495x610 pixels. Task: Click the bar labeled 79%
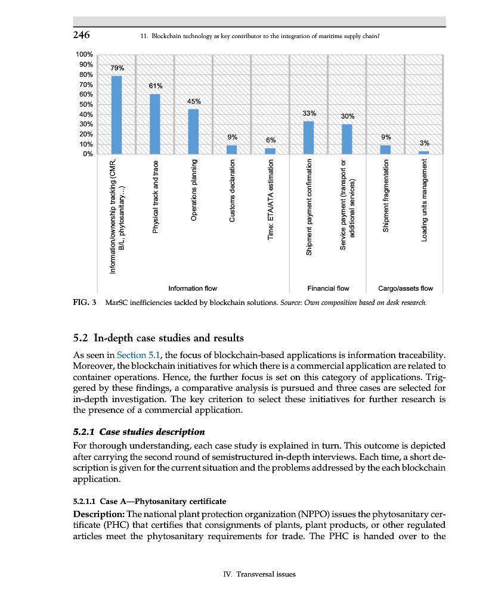pyautogui.click(x=117, y=114)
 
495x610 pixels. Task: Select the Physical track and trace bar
pyautogui.click(x=155, y=123)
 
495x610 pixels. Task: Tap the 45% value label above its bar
pyautogui.click(x=194, y=101)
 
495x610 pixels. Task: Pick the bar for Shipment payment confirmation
pyautogui.click(x=308, y=137)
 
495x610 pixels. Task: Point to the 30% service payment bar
pyautogui.click(x=346, y=139)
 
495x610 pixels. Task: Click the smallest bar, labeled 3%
pyautogui.click(x=423, y=152)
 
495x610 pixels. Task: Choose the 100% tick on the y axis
pyautogui.click(x=84, y=55)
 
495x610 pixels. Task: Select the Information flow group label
pyautogui.click(x=193, y=288)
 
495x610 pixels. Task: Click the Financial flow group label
pyautogui.click(x=327, y=288)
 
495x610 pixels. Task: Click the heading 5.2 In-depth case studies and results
pyautogui.click(x=158, y=338)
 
